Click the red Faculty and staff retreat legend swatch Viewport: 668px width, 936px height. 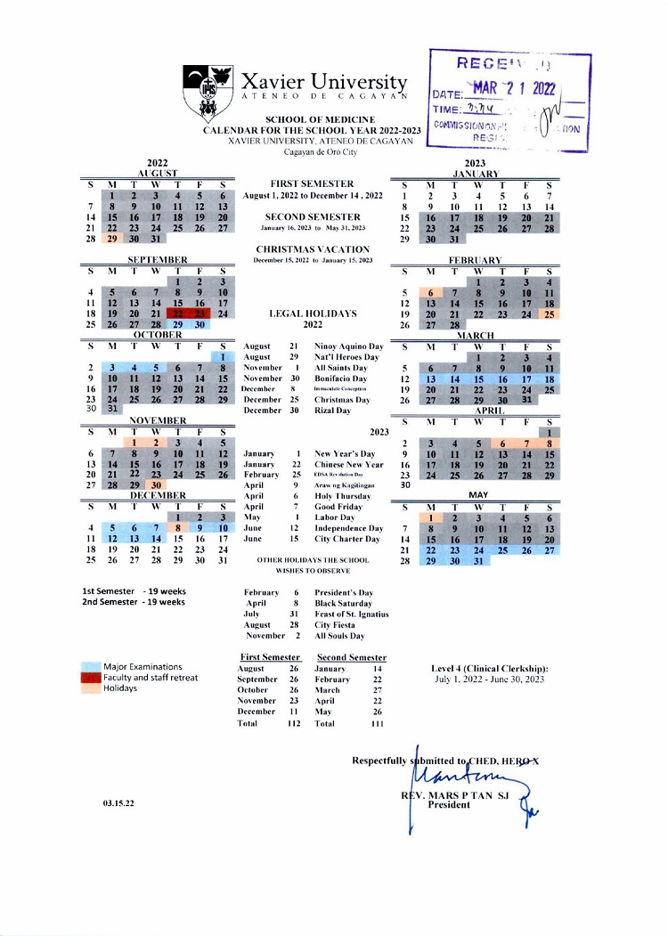[x=90, y=678]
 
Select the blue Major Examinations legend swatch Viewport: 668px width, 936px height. [x=90, y=666]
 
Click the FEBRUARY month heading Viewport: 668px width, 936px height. [x=475, y=259]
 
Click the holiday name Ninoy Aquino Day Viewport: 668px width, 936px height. [x=349, y=346]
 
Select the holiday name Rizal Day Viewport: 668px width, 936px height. [x=332, y=410]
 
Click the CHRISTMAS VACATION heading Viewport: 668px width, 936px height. [x=313, y=248]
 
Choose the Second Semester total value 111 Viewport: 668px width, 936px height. [x=375, y=723]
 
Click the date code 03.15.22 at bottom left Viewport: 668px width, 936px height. [x=118, y=802]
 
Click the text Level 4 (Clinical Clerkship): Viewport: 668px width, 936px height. [x=489, y=668]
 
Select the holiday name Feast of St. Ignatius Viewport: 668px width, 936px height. [x=351, y=614]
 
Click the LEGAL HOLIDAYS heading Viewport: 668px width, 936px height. [x=313, y=313]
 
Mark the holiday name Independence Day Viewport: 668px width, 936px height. [x=349, y=528]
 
